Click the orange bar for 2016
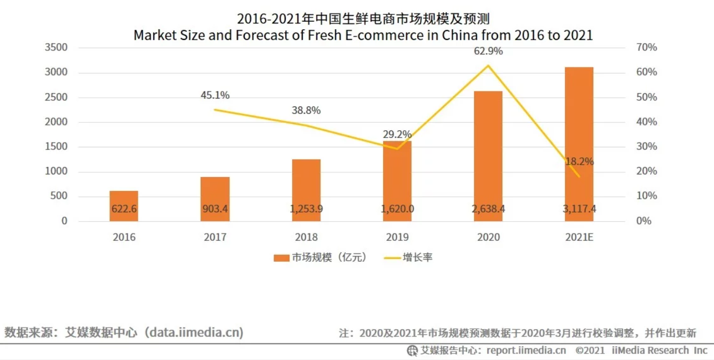pos(124,206)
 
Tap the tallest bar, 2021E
pos(579,144)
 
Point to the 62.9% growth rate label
pos(488,52)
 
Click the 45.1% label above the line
pos(215,96)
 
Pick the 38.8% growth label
pos(306,111)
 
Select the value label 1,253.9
pos(306,209)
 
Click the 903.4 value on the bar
pos(215,209)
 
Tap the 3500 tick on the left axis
pos(56,47)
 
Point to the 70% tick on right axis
pos(646,47)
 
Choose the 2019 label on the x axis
pos(397,237)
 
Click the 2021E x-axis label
pos(579,237)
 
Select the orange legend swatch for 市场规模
pos(281,258)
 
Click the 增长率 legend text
pos(418,258)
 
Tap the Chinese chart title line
pos(363,20)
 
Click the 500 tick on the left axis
pos(60,196)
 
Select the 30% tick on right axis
pos(646,147)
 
